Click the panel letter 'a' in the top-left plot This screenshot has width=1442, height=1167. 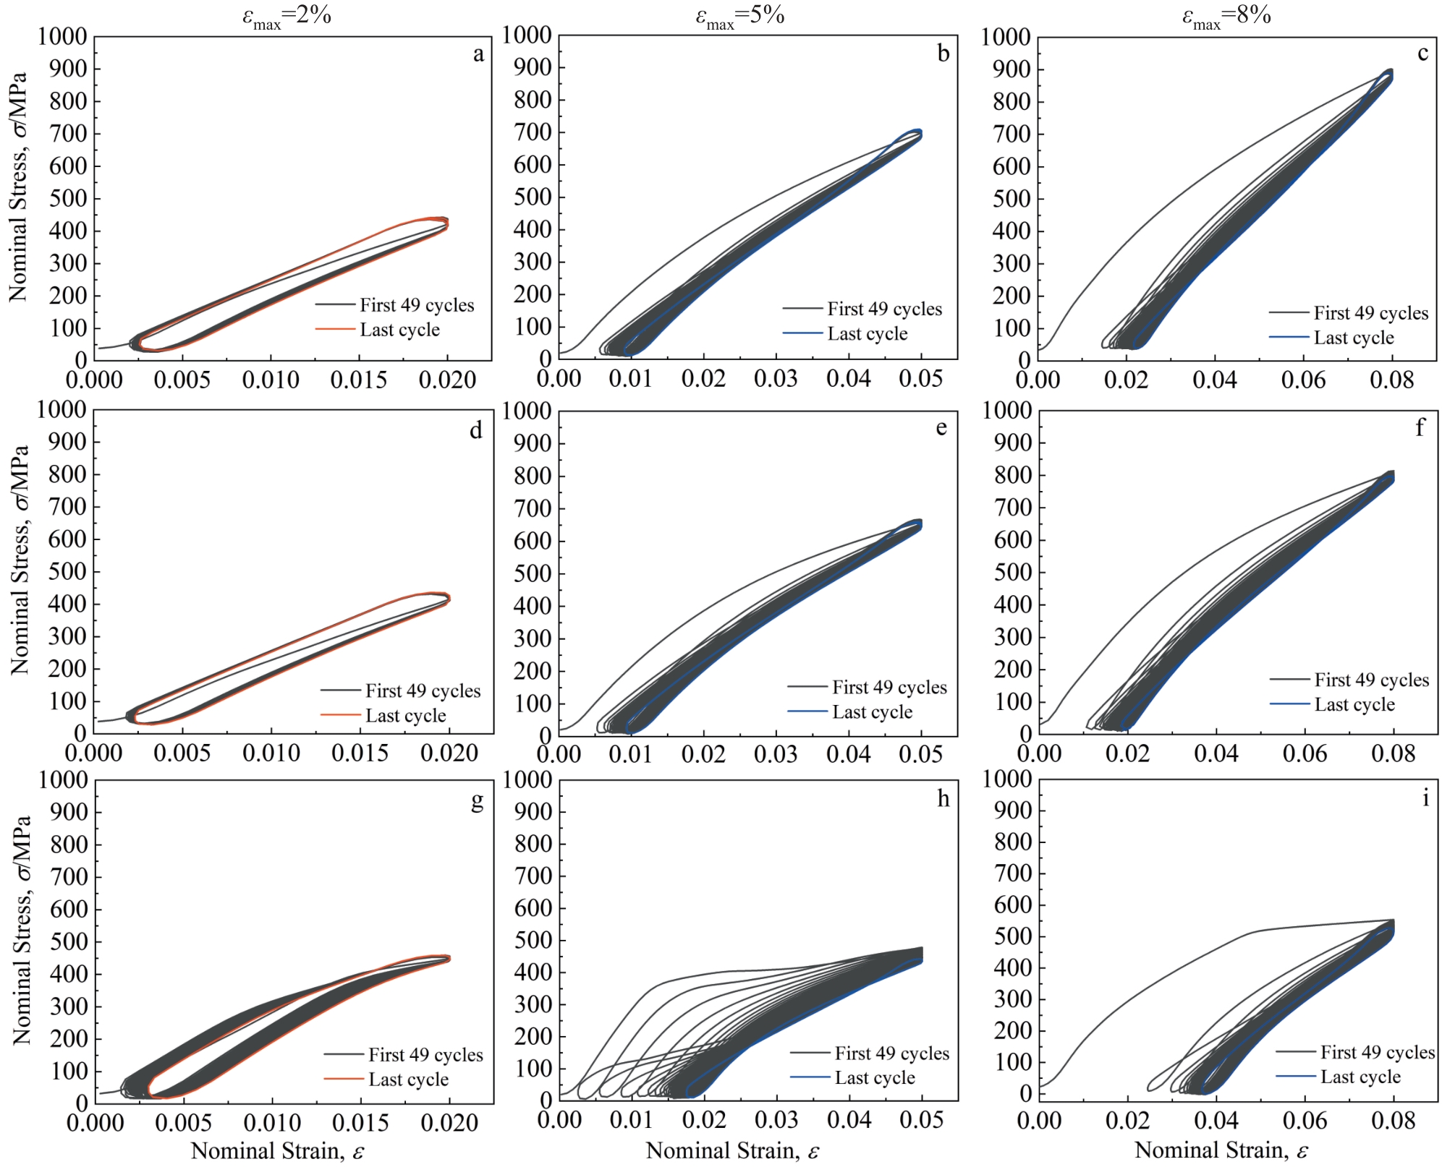[478, 55]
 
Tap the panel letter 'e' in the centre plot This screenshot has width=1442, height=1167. [941, 428]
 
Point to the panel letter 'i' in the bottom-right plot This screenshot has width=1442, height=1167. [1425, 798]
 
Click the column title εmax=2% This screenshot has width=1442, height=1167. [287, 17]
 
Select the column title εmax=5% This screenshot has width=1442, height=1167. [740, 17]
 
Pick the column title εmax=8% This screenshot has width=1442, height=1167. [1226, 17]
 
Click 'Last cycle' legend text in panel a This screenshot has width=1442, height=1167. [399, 330]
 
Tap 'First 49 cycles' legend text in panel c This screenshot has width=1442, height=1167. [1370, 313]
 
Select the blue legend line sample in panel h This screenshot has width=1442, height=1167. [810, 1077]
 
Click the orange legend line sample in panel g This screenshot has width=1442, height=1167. [344, 1079]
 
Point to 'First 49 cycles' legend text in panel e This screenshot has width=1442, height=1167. [889, 688]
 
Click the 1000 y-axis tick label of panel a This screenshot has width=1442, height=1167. [62, 36]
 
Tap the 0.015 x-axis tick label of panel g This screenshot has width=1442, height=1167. [360, 1122]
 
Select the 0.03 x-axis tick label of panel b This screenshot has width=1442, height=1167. [776, 379]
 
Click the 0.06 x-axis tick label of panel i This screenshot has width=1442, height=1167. [1305, 1121]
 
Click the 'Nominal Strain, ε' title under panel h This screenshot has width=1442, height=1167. [732, 1150]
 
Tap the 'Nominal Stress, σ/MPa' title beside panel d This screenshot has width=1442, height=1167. [20, 560]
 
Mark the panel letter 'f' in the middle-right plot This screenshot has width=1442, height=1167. [1420, 428]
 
